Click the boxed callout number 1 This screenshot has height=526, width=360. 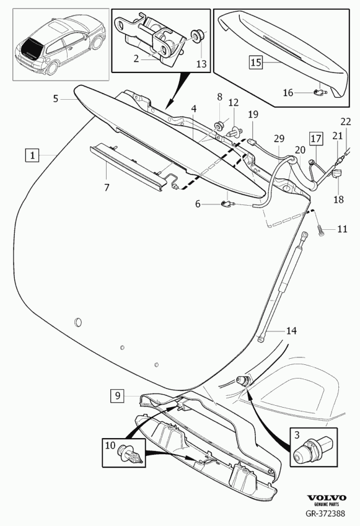32,156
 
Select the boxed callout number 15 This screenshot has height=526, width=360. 256,63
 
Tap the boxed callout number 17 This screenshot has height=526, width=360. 316,139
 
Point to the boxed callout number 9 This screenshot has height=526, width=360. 118,396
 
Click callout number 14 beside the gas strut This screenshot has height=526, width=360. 291,331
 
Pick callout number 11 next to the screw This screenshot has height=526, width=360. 342,229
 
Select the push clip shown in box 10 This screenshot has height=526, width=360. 130,456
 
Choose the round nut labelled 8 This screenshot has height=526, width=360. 219,126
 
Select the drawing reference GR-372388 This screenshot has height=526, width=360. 325,513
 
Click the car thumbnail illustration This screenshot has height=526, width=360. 61,45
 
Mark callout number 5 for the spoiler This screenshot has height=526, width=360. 56,99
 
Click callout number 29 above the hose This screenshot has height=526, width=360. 279,139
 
